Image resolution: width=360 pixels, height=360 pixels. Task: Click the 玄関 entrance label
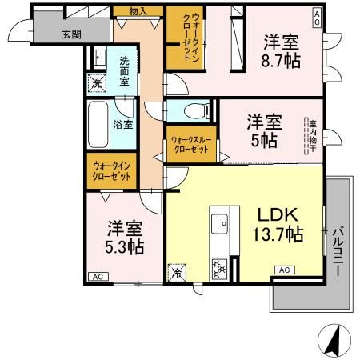(x=70, y=35)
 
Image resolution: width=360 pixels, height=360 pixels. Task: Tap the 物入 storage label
(x=138, y=10)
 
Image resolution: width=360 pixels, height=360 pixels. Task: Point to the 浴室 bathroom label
(x=123, y=124)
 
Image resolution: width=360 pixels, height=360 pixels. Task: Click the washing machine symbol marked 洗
(x=97, y=83)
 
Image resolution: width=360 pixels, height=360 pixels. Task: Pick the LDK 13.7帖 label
(x=278, y=225)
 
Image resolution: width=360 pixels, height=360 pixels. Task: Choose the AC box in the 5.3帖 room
(x=97, y=276)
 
